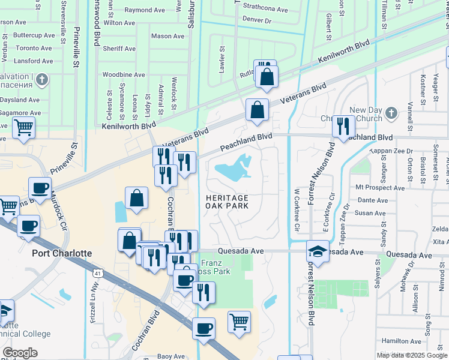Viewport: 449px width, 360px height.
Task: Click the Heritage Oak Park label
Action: (x=227, y=202)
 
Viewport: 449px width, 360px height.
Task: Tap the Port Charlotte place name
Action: (x=62, y=253)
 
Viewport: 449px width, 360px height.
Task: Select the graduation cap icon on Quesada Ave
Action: (x=318, y=251)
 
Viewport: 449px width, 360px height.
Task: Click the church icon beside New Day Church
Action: (x=391, y=112)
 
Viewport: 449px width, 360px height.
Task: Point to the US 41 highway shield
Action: (x=97, y=274)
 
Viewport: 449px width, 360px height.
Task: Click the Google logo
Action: (x=20, y=353)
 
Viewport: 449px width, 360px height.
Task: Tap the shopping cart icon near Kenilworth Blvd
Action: (x=23, y=127)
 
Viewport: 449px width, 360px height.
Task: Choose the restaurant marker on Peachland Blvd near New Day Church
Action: (x=343, y=126)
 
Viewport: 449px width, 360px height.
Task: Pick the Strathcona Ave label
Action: (x=267, y=10)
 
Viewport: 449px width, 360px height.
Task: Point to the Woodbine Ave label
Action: (x=124, y=75)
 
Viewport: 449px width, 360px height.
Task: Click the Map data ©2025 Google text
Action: (x=412, y=355)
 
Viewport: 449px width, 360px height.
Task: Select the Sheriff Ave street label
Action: (x=118, y=49)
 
